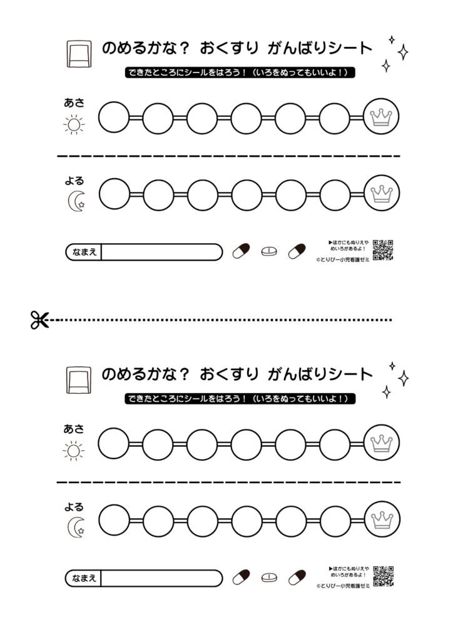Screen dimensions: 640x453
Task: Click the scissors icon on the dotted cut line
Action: (x=39, y=320)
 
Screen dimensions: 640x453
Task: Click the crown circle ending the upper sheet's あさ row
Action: (x=381, y=116)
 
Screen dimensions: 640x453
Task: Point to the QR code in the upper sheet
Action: (x=383, y=249)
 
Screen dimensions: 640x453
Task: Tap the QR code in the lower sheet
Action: (x=383, y=576)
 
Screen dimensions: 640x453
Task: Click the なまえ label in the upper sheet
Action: (x=84, y=252)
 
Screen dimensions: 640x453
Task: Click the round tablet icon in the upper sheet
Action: (x=268, y=251)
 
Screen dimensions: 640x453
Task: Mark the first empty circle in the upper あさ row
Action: (x=115, y=117)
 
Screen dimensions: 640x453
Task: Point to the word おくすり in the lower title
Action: (x=229, y=374)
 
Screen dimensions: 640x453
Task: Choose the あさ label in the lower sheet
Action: (x=73, y=429)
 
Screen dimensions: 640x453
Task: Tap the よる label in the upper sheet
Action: (x=74, y=181)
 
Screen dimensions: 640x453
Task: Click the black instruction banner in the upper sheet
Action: (x=240, y=72)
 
